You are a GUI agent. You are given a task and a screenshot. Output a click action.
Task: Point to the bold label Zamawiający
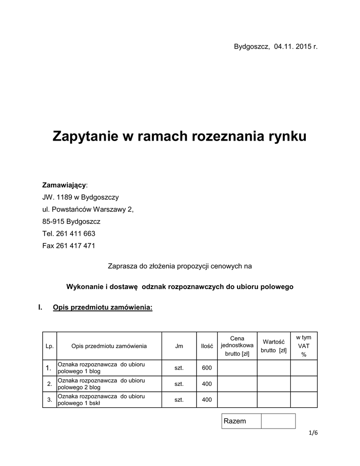[x=64, y=185]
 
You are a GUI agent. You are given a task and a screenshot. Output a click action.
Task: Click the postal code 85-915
[x=54, y=222]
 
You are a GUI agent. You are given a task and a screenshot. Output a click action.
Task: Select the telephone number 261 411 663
[x=76, y=233]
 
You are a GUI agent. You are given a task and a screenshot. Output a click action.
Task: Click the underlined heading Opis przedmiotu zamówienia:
[x=102, y=308]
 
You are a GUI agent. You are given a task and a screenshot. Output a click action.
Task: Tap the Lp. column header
[x=50, y=346]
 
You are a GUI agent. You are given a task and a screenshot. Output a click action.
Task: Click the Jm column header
[x=179, y=346]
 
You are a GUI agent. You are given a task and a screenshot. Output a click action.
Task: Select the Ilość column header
[x=207, y=346]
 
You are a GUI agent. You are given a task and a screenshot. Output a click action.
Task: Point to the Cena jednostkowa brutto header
[x=237, y=346]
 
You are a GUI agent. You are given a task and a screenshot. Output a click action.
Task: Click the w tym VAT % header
[x=304, y=346]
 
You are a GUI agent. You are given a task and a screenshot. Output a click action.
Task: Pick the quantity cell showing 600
[x=207, y=368]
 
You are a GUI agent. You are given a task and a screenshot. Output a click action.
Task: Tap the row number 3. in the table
[x=50, y=400]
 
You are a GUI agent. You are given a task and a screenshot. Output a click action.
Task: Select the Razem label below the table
[x=235, y=421]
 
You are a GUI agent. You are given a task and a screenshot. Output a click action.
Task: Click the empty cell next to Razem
[x=278, y=421]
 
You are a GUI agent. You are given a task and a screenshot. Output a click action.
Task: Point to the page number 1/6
[x=313, y=433]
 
